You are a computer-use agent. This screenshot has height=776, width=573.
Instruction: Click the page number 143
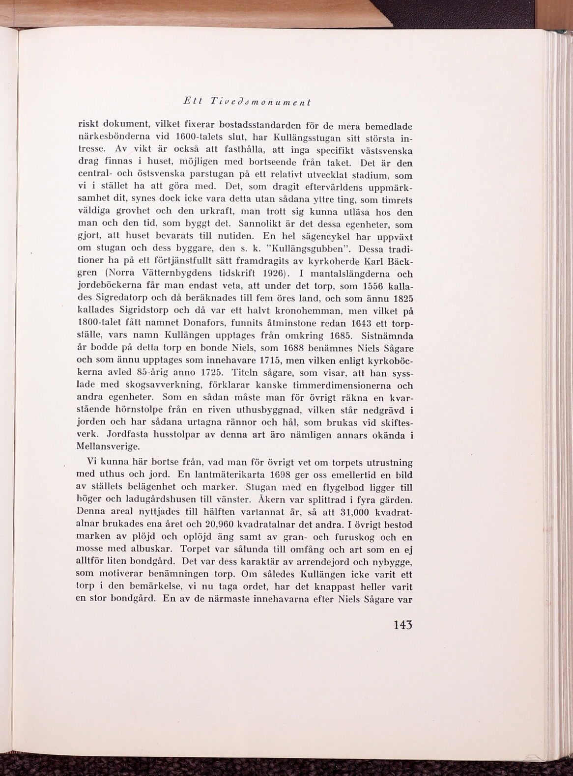tap(402, 625)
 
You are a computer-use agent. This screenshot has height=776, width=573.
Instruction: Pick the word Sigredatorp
tap(123, 298)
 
